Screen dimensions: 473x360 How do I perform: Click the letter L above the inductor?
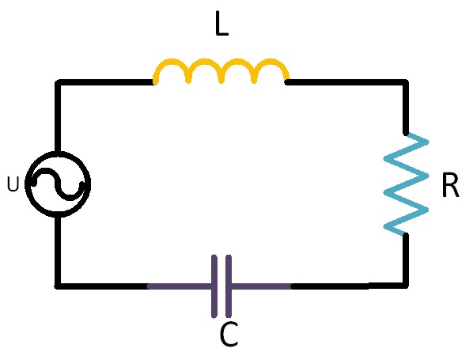[x=221, y=24]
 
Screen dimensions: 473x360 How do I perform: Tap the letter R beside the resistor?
[x=450, y=185]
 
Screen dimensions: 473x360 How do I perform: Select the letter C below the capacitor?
[x=229, y=335]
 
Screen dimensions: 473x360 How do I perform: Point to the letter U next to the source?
[x=13, y=184]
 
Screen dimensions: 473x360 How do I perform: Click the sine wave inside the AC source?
[x=58, y=184]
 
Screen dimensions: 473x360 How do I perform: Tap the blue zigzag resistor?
[x=406, y=184]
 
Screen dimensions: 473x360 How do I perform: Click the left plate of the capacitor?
[x=214, y=286]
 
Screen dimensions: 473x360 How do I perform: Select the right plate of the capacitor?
[x=229, y=286]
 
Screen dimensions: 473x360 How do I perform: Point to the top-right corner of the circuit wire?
[x=406, y=82]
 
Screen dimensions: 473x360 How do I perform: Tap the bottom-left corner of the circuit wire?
[x=58, y=286]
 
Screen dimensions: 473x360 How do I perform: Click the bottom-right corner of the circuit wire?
[x=406, y=286]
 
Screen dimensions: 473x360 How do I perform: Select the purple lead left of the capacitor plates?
[x=180, y=286]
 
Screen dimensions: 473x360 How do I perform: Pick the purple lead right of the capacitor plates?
[x=261, y=286]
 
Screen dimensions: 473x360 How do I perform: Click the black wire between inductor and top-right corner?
[x=347, y=82]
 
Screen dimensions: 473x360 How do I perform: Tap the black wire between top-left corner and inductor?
[x=105, y=82]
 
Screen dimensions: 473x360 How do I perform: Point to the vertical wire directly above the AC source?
[x=59, y=117]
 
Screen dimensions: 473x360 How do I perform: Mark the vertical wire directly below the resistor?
[x=406, y=260]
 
